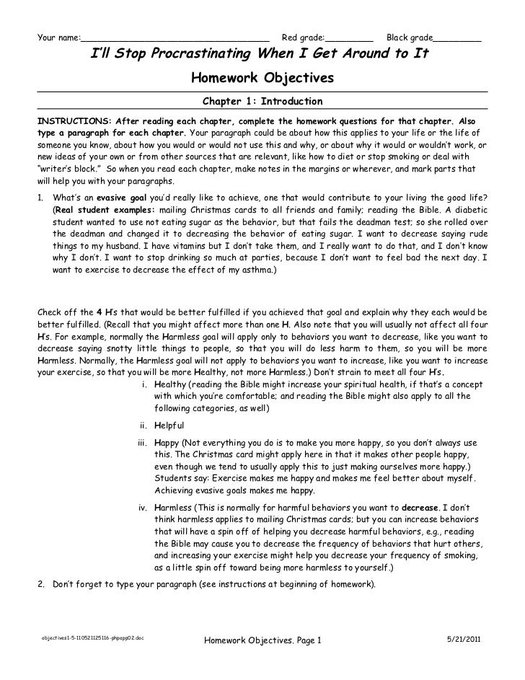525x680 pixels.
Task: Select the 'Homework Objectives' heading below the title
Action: (262, 77)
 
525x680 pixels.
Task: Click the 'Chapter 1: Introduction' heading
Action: (262, 102)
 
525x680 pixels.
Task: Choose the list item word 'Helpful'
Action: (169, 425)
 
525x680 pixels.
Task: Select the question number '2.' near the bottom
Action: (40, 585)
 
